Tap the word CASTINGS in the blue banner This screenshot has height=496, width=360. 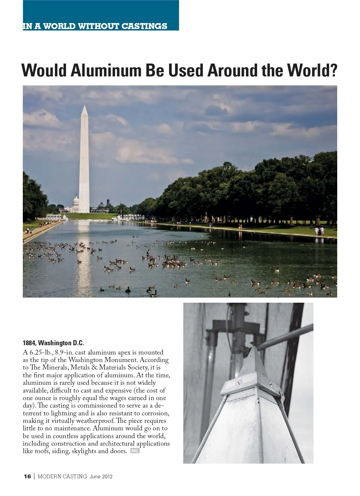[x=144, y=26]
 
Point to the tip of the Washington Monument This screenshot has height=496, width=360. [x=85, y=106]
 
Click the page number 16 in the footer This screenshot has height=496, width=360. [x=27, y=477]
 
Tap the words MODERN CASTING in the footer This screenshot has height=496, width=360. [x=62, y=477]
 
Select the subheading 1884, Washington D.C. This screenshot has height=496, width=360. [x=53, y=343]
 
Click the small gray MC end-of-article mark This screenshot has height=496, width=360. [x=135, y=451]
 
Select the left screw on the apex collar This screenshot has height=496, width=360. [x=238, y=383]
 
